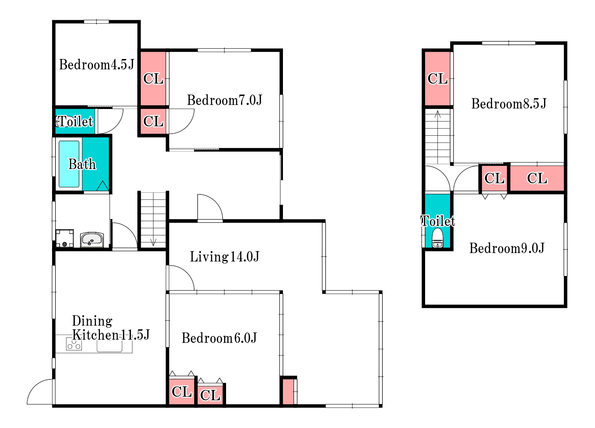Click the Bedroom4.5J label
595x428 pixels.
(96, 65)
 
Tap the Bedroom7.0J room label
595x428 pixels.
(224, 100)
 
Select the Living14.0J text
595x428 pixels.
(224, 257)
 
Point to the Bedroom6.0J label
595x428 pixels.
(219, 338)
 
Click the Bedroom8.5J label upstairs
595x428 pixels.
(509, 103)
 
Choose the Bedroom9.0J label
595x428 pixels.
(507, 248)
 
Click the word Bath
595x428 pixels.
(82, 164)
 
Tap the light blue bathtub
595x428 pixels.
(69, 164)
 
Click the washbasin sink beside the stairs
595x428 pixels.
(92, 240)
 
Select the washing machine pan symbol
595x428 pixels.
(64, 238)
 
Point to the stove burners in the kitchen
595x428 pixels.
(74, 344)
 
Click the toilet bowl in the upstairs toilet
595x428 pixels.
(438, 238)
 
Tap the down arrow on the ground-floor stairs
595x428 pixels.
(153, 242)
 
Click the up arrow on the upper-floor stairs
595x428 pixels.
(438, 114)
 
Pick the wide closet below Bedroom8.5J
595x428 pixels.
(537, 178)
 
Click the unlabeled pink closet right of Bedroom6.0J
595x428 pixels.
(288, 392)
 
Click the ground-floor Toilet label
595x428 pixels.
(75, 121)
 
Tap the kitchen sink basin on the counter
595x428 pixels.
(110, 346)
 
